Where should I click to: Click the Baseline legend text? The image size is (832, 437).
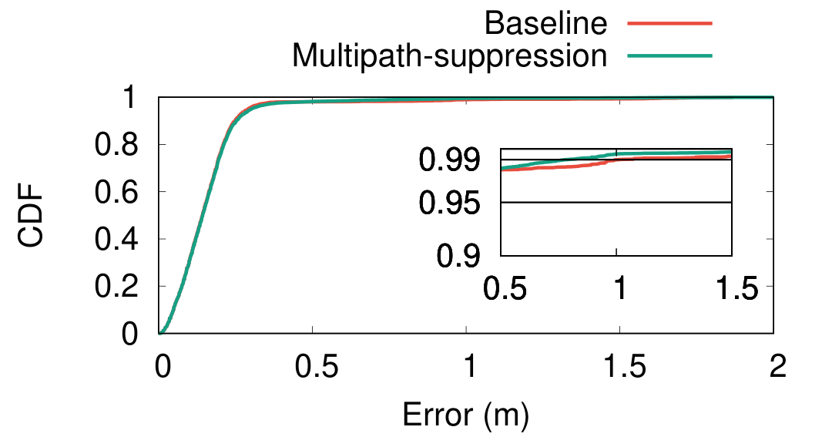[x=545, y=23]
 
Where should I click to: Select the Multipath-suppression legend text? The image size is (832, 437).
[x=450, y=55]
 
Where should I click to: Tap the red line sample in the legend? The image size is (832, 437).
[x=669, y=24]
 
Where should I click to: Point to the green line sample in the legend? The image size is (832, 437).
[x=669, y=55]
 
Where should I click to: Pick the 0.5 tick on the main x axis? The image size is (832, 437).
[x=312, y=366]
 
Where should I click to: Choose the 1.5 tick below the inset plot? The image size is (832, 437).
[x=731, y=291]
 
